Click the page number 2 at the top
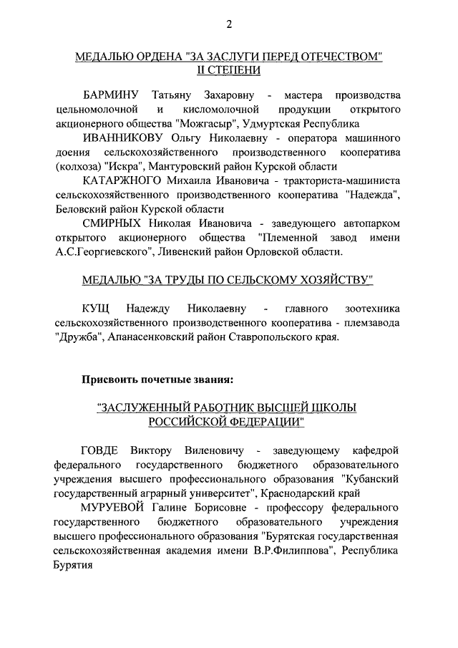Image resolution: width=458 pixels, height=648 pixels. [229, 25]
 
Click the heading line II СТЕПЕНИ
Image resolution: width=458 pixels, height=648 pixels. [229, 70]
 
